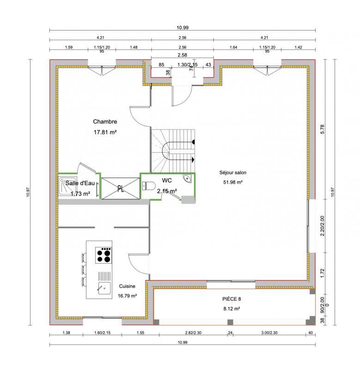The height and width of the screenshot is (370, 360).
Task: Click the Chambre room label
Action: [105, 122]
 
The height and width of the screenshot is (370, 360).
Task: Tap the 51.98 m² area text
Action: [233, 182]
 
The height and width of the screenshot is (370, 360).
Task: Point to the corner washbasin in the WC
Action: [188, 179]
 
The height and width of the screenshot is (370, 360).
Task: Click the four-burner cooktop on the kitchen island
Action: [104, 255]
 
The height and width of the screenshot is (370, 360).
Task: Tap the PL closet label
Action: [120, 188]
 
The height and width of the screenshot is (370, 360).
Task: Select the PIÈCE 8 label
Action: [232, 299]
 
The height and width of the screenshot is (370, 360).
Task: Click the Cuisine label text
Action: [127, 286]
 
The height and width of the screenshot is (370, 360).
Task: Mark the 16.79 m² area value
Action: [127, 296]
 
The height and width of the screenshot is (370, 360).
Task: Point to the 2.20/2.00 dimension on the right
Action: [323, 226]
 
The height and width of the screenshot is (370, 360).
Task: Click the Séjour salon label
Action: [233, 173]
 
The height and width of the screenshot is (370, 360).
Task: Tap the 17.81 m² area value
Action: [105, 132]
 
